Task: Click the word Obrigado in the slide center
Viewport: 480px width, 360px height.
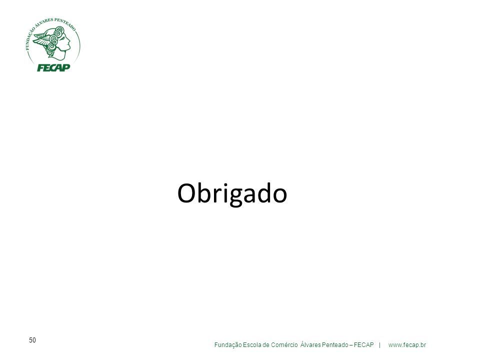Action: point(232,194)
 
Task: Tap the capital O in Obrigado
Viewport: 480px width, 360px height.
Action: point(186,193)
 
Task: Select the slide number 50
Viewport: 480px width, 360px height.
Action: point(32,340)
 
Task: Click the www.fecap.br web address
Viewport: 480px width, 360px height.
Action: point(407,345)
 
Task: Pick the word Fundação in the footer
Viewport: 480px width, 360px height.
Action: point(228,345)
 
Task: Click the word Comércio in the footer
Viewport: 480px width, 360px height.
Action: point(284,345)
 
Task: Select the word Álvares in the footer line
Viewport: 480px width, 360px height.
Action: point(310,344)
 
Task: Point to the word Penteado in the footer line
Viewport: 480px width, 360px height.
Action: point(335,345)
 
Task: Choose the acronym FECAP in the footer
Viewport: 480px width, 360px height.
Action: point(363,345)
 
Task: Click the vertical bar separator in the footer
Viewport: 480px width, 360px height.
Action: point(380,345)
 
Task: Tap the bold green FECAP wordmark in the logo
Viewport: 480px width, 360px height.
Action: point(53,67)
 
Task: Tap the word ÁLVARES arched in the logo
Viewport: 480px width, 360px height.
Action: point(44,23)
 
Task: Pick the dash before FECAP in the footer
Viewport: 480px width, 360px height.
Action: point(351,345)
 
